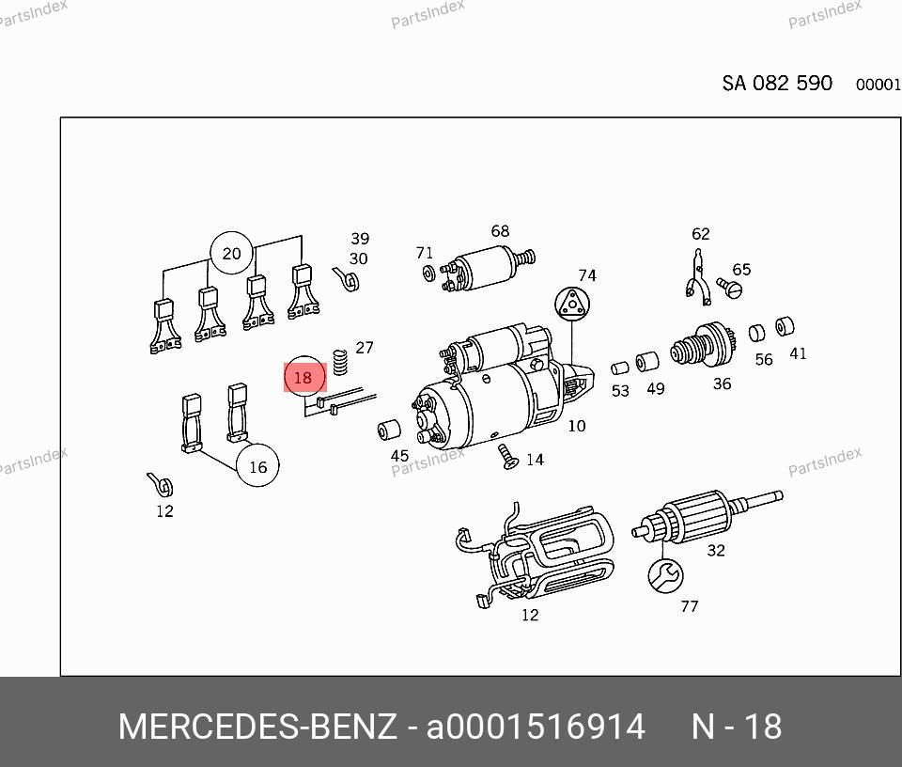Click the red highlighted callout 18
tap(304, 377)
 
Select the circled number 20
tap(231, 253)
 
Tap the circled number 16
tap(257, 465)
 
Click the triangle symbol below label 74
tap(572, 304)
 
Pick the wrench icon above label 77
tap(665, 575)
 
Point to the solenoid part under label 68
tap(488, 268)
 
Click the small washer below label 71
tap(428, 273)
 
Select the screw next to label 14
tap(508, 456)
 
